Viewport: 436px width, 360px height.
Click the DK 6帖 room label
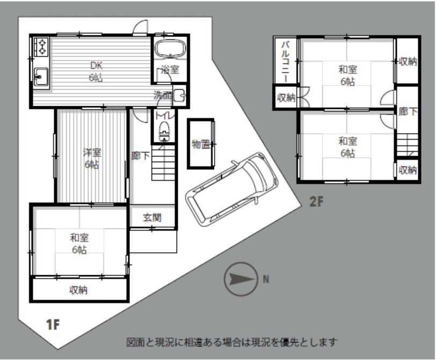[x=97, y=71]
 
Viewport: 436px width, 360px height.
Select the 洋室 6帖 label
[x=92, y=158]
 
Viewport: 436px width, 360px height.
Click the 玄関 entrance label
[x=152, y=218]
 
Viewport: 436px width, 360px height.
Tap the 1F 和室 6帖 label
[x=79, y=244]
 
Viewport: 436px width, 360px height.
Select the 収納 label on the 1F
[x=78, y=290]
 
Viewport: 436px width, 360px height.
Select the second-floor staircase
[x=407, y=144]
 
